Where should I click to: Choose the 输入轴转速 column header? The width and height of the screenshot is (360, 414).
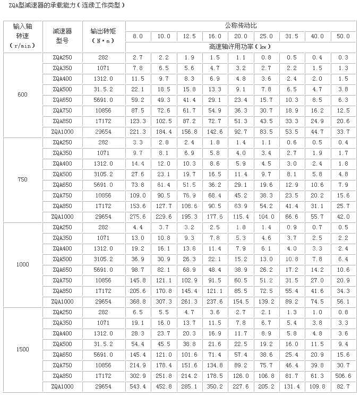pyautogui.click(x=22, y=36)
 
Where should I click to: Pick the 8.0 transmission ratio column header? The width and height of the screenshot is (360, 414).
pyautogui.click(x=138, y=36)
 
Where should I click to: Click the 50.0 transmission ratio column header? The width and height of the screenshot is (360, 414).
pyautogui.click(x=344, y=36)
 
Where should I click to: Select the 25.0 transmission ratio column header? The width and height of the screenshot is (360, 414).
pyautogui.click(x=267, y=36)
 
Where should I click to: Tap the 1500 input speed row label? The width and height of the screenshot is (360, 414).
pyautogui.click(x=22, y=349)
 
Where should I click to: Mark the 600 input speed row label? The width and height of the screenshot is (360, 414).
pyautogui.click(x=22, y=95)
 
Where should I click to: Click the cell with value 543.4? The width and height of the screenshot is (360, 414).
pyautogui.click(x=138, y=386)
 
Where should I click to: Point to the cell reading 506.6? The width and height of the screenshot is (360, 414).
pyautogui.click(x=344, y=376)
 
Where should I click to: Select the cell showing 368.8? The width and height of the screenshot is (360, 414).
pyautogui.click(x=138, y=301)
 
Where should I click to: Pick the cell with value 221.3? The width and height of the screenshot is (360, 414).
pyautogui.click(x=138, y=132)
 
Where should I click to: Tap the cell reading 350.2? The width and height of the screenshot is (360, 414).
pyautogui.click(x=215, y=386)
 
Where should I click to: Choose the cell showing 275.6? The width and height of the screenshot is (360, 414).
pyautogui.click(x=138, y=217)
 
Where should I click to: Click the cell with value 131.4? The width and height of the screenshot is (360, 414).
pyautogui.click(x=292, y=386)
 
